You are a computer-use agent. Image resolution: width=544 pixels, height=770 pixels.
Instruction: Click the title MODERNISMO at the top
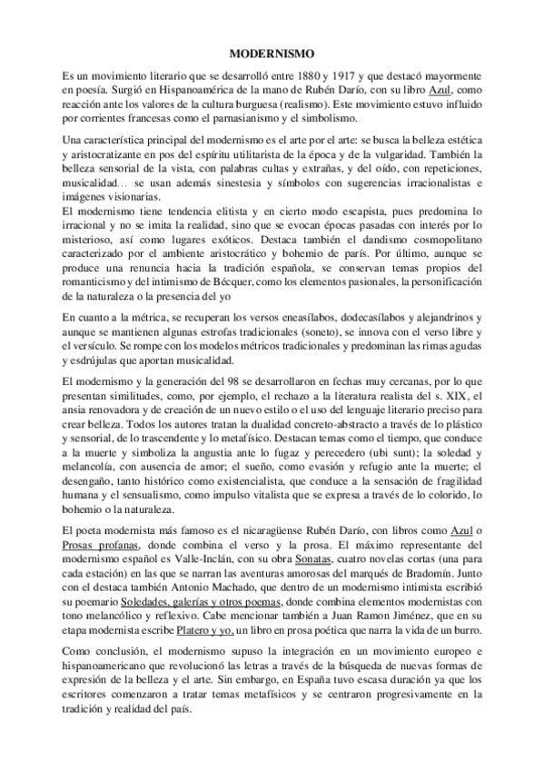pos(272,54)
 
